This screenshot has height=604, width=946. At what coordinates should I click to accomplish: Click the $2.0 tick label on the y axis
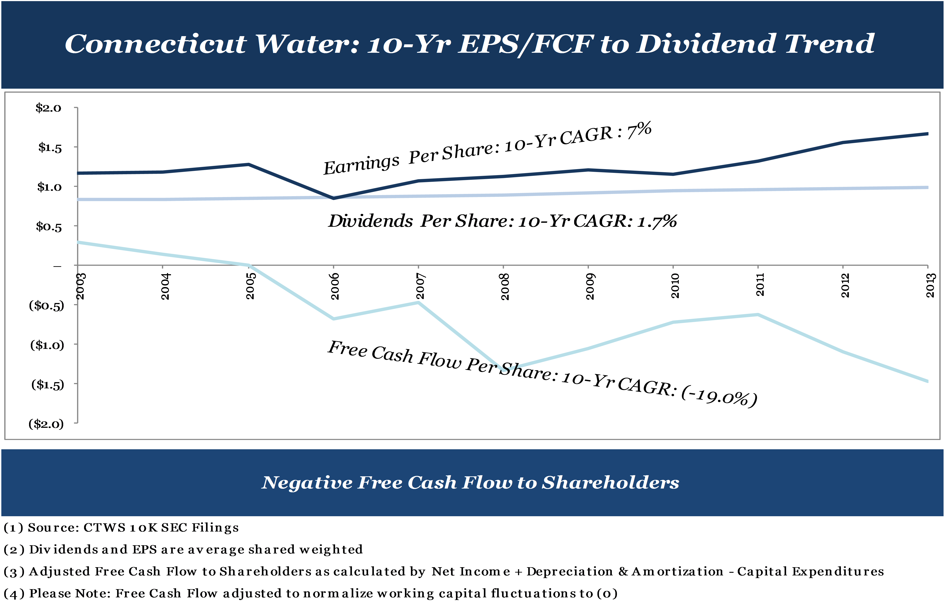[x=48, y=108]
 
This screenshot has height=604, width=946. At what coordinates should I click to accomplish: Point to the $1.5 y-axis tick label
[x=50, y=148]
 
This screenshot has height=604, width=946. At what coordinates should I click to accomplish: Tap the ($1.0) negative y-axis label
[x=47, y=345]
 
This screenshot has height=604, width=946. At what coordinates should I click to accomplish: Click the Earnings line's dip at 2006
[x=334, y=198]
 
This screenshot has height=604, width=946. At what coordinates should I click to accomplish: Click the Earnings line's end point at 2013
[x=927, y=134]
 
